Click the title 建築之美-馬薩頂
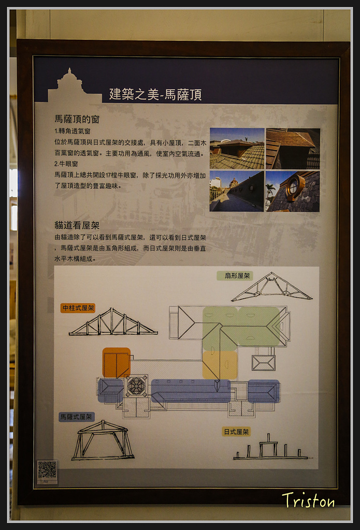(x=155, y=94)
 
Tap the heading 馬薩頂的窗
(x=77, y=119)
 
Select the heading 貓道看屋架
(x=77, y=226)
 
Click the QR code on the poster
(x=47, y=469)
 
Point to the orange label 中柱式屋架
(x=78, y=308)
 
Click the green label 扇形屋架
(x=235, y=276)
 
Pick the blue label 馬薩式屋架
(x=77, y=417)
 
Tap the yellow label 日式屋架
(x=236, y=431)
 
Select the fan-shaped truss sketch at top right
(x=272, y=287)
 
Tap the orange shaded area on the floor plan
(x=117, y=363)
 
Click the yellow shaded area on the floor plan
(x=220, y=365)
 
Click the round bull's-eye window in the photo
(x=293, y=186)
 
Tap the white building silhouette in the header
(x=74, y=86)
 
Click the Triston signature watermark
(x=308, y=500)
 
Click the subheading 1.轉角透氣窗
(x=73, y=131)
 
